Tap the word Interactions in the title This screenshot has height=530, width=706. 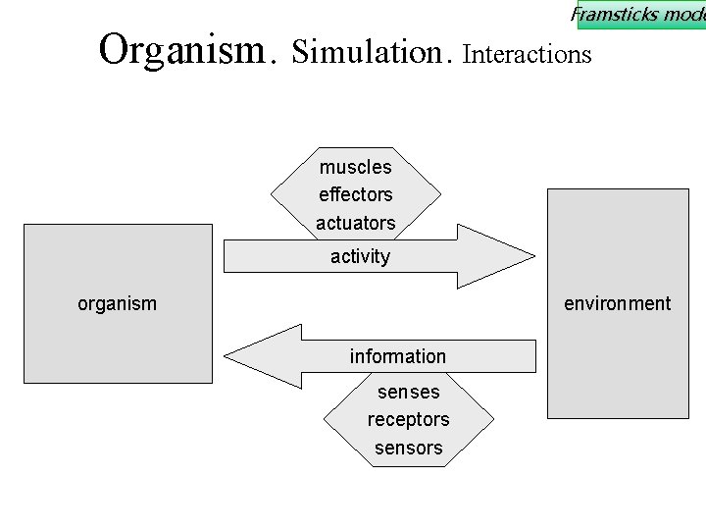(527, 54)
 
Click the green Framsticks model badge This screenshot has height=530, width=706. (639, 15)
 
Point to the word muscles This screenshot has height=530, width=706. (355, 167)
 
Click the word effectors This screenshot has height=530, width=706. (355, 194)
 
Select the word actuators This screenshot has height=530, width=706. (355, 223)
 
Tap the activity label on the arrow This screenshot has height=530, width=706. (360, 256)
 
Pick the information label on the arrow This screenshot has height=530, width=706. (397, 356)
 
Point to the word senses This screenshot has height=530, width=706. (408, 392)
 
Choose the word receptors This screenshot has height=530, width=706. (408, 419)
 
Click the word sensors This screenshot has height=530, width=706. (408, 448)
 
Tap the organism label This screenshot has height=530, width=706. (117, 303)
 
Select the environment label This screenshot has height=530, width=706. (617, 303)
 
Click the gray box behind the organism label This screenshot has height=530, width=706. (118, 344)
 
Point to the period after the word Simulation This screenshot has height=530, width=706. (448, 62)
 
